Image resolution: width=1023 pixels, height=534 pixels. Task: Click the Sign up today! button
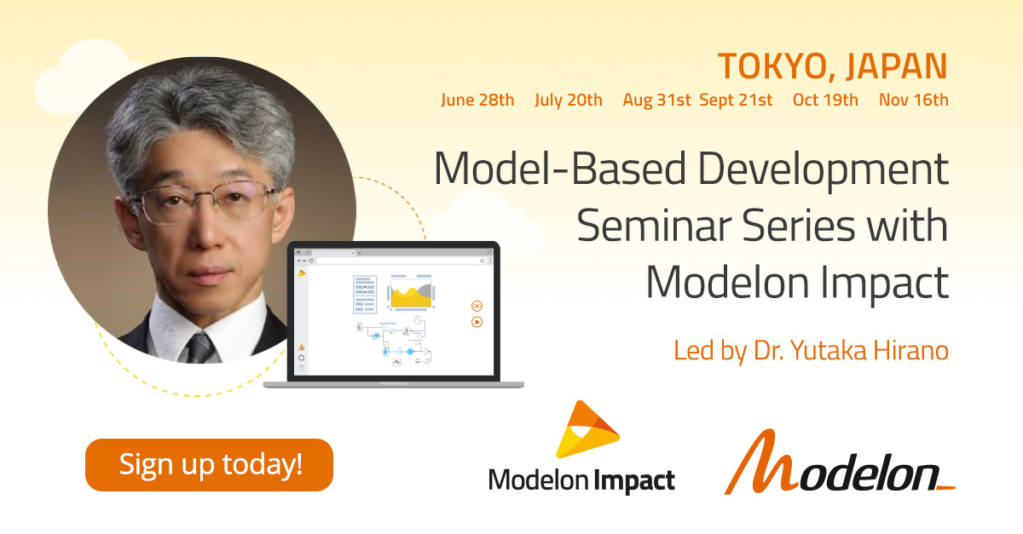point(209,465)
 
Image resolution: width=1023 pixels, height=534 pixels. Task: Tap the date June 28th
point(477,100)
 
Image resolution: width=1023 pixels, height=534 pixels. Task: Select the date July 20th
point(569,100)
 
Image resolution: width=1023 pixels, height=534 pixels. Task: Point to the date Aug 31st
point(656,100)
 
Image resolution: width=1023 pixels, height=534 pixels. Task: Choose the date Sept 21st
point(736,100)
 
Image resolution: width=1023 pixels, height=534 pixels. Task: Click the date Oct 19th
point(825,100)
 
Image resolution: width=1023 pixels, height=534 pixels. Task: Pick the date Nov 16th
point(913,100)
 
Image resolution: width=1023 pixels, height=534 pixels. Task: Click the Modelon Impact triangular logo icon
point(587,430)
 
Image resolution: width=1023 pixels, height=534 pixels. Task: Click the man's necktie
point(199,348)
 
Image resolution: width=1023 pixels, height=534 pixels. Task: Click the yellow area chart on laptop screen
point(409,296)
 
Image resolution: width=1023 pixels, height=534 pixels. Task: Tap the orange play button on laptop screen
point(477,322)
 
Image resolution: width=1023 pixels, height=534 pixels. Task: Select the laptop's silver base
point(393,384)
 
